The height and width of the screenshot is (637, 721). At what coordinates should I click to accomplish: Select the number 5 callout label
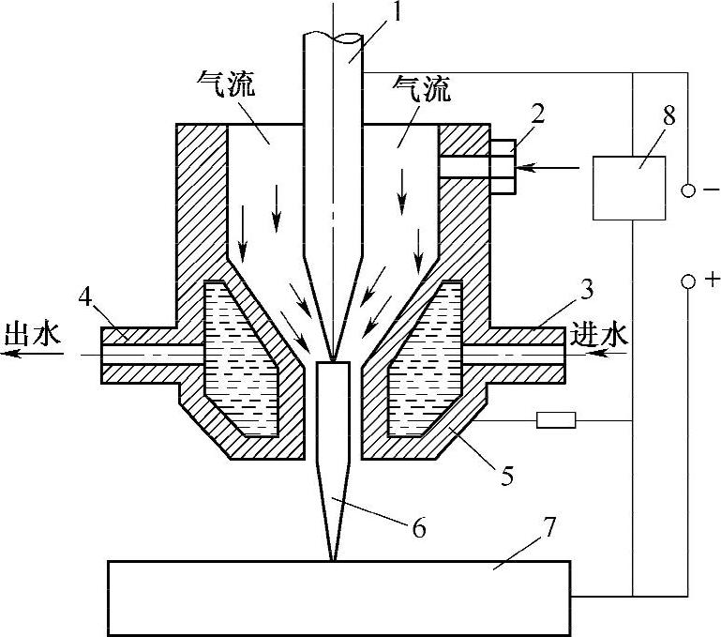[x=507, y=476]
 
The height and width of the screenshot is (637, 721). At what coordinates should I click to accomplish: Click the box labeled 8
[x=630, y=188]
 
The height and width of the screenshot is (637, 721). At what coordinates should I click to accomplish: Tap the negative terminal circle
[x=689, y=191]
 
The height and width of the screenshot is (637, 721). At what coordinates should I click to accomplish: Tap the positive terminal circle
[x=689, y=280]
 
